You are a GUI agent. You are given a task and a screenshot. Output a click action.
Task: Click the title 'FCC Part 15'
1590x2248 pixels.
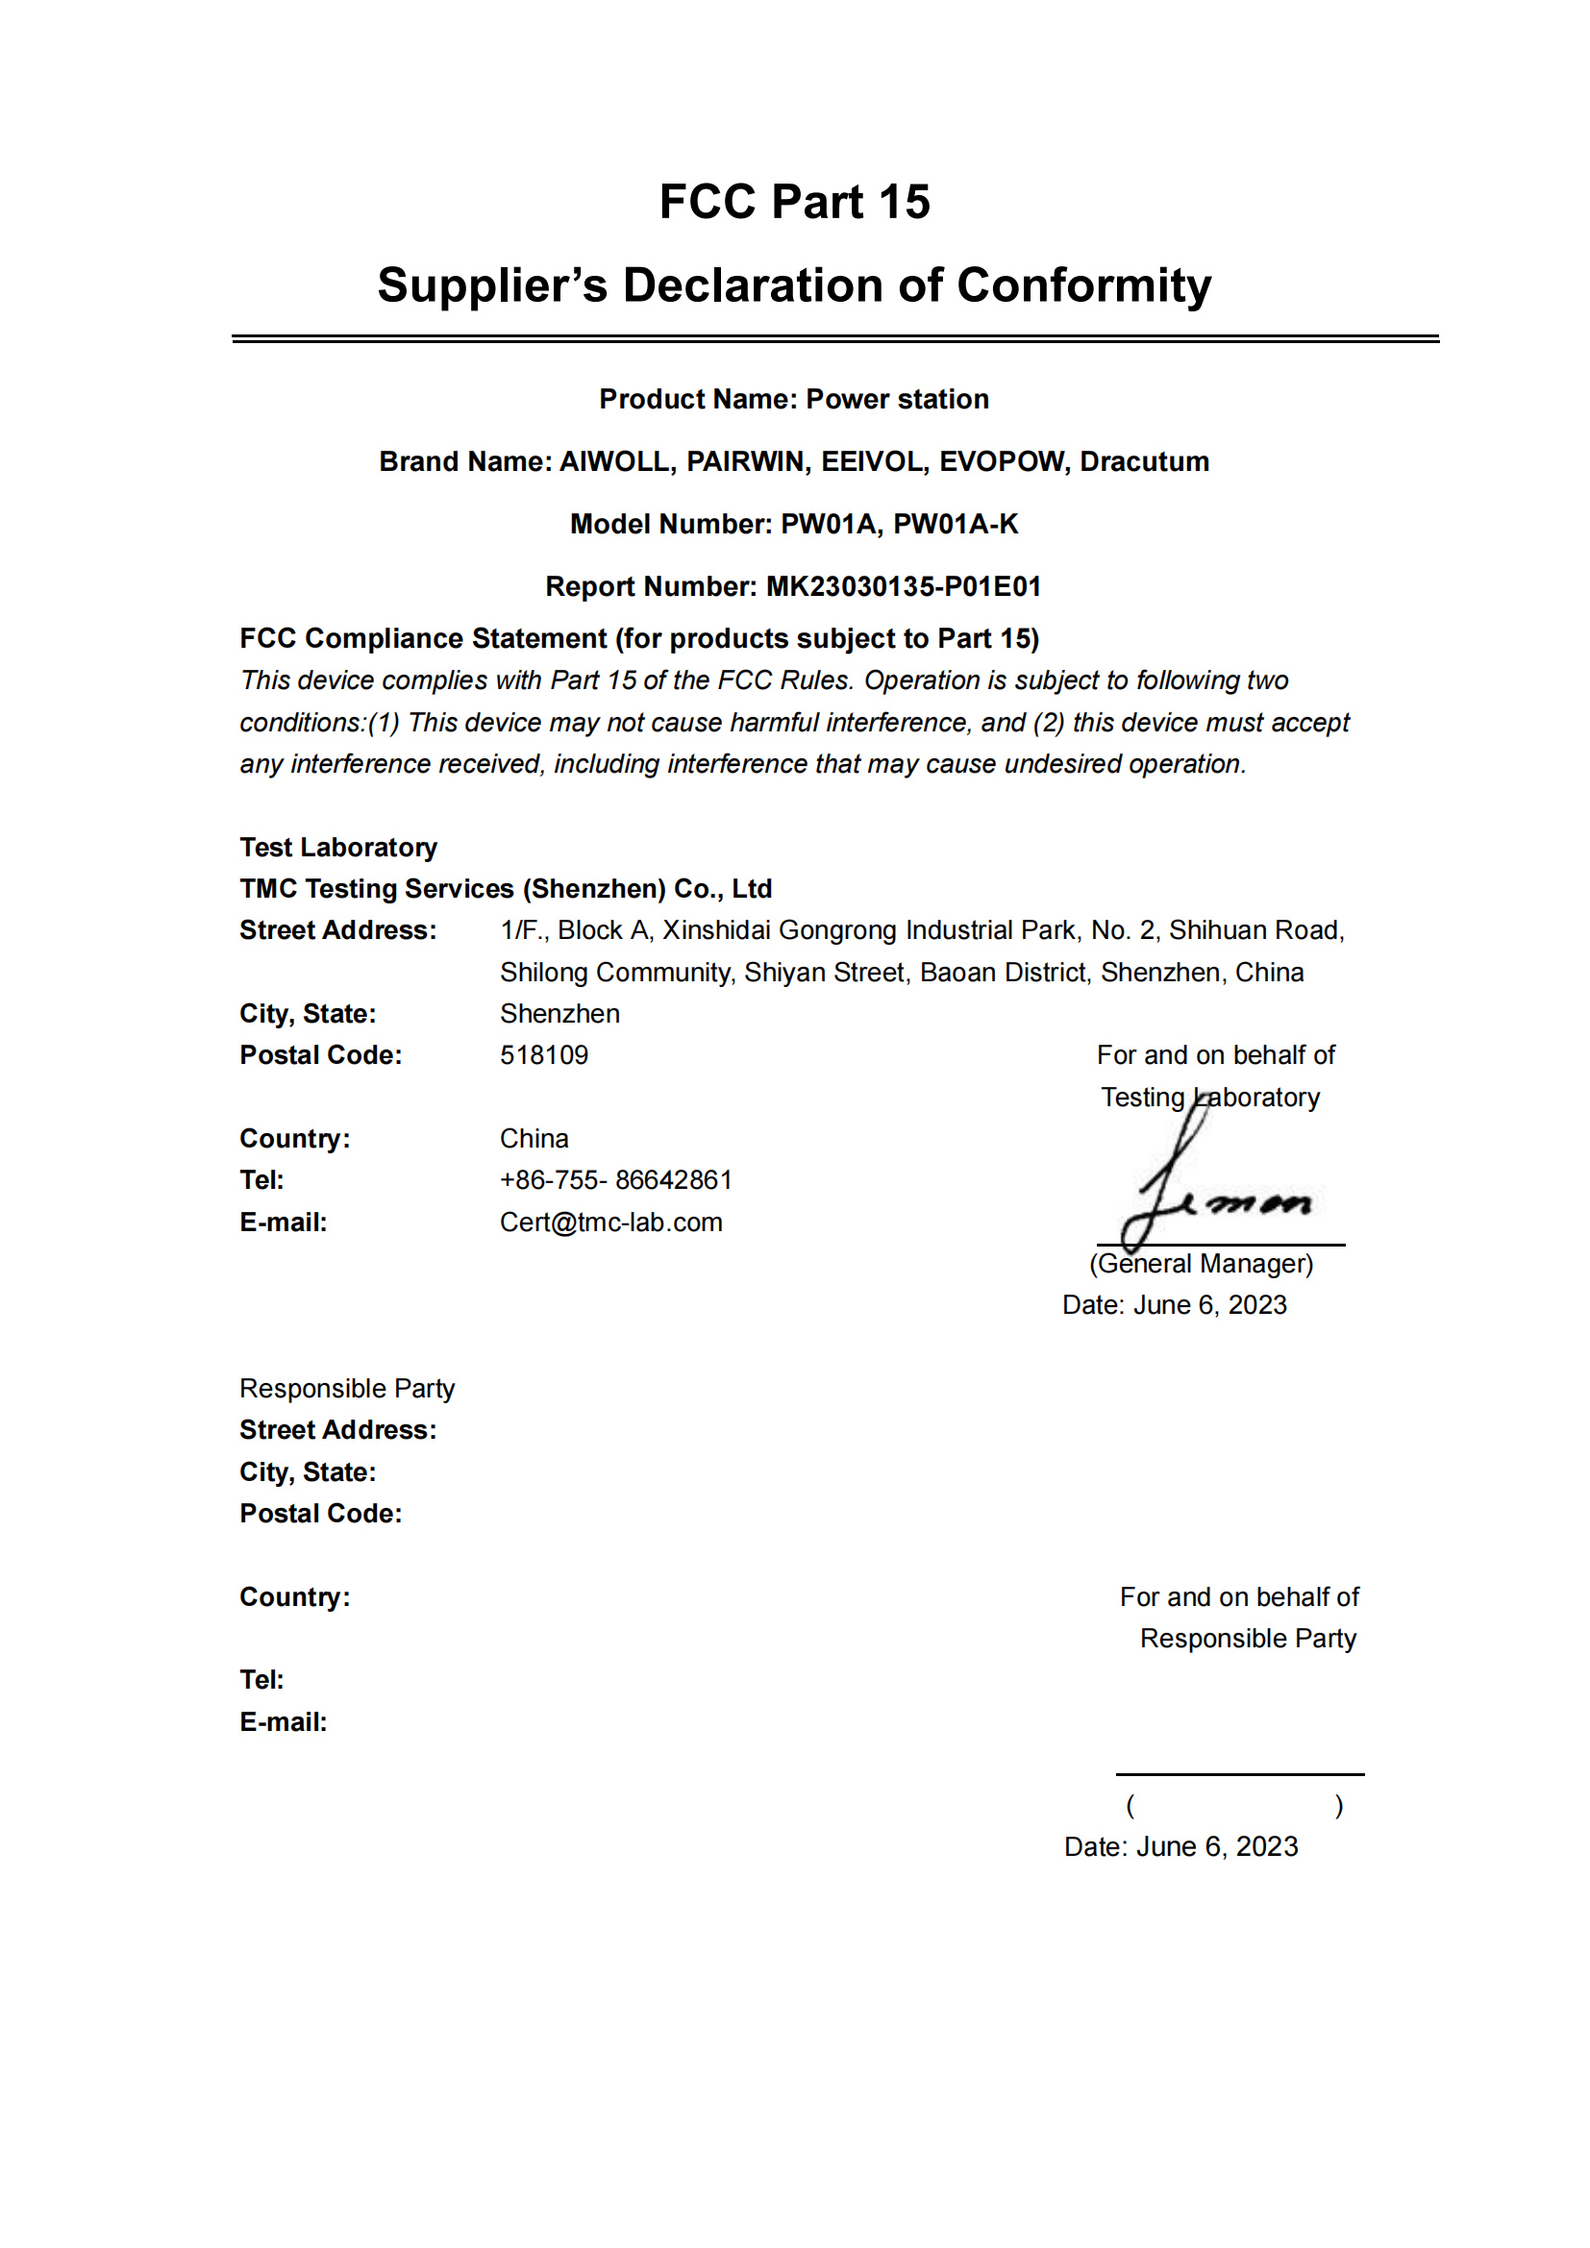[x=794, y=202]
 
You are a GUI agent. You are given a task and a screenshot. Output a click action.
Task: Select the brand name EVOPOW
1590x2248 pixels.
[x=1004, y=461]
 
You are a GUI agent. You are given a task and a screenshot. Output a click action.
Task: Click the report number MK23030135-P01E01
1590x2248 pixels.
[x=903, y=586]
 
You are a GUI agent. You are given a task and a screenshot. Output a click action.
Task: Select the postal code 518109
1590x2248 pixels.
[x=543, y=1054]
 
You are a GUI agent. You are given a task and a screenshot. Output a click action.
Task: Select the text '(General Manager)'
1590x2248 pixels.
[x=1201, y=1263]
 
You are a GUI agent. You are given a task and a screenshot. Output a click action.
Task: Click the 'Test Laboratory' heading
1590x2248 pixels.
[x=337, y=847]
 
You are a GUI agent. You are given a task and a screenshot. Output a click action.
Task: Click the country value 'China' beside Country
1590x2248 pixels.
[x=534, y=1139]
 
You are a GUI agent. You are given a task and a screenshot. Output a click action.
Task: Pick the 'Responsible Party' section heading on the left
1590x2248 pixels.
[x=347, y=1389]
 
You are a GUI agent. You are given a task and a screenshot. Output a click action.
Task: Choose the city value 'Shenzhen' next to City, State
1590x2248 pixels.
[x=559, y=1013]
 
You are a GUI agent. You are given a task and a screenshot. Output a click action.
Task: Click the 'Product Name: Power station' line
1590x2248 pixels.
[x=794, y=399]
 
